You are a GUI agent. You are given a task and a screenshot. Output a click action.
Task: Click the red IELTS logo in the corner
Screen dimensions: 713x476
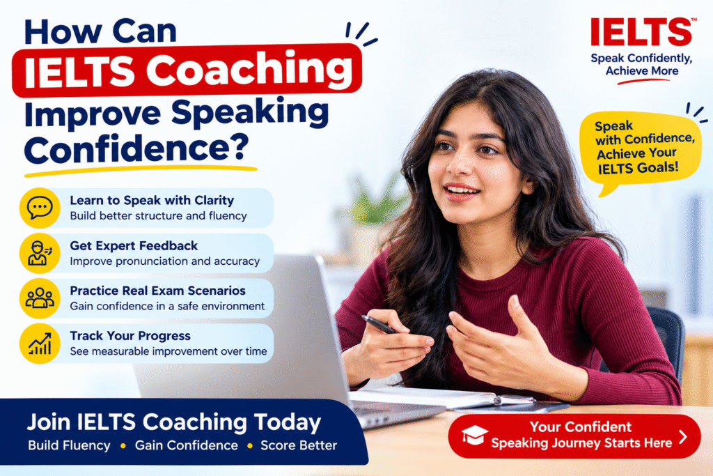click(641, 32)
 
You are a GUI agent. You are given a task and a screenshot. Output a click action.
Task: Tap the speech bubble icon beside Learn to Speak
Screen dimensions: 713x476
click(40, 208)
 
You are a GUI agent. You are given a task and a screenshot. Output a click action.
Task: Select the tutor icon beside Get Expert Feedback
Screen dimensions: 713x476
click(40, 253)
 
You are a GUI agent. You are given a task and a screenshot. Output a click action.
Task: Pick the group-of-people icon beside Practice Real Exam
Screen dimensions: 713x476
click(40, 298)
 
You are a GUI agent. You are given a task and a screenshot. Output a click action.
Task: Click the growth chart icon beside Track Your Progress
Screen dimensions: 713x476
click(40, 344)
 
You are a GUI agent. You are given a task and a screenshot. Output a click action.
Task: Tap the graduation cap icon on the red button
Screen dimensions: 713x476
click(475, 435)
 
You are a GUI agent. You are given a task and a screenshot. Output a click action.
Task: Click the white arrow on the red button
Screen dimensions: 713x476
click(682, 437)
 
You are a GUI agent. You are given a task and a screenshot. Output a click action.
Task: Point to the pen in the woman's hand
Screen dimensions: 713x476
click(379, 324)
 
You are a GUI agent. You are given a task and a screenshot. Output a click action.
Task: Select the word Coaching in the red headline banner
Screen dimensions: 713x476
click(249, 70)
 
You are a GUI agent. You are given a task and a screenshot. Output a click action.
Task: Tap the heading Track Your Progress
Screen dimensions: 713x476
click(130, 336)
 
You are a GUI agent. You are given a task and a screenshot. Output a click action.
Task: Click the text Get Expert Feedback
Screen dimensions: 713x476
click(134, 246)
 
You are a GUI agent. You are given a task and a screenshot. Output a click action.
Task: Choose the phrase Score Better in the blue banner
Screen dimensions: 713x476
click(299, 445)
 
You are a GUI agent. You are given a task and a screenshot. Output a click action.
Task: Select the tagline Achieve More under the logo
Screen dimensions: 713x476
click(641, 71)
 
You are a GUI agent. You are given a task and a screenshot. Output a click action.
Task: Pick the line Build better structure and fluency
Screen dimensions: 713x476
click(158, 216)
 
